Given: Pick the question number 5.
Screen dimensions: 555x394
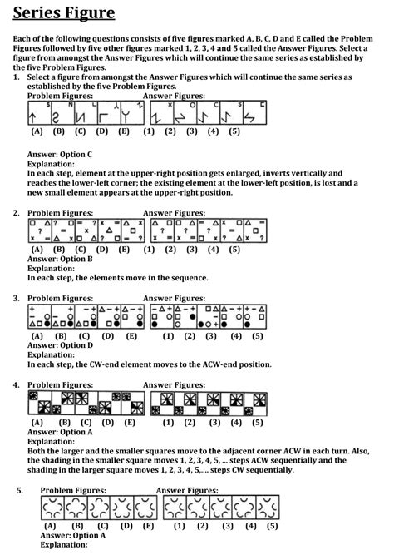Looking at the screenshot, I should click(x=19, y=491).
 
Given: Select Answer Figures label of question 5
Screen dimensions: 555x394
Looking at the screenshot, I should click(x=187, y=491).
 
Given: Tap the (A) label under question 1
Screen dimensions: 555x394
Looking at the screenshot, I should click(x=37, y=131).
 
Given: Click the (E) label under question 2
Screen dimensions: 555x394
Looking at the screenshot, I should click(x=123, y=249).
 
